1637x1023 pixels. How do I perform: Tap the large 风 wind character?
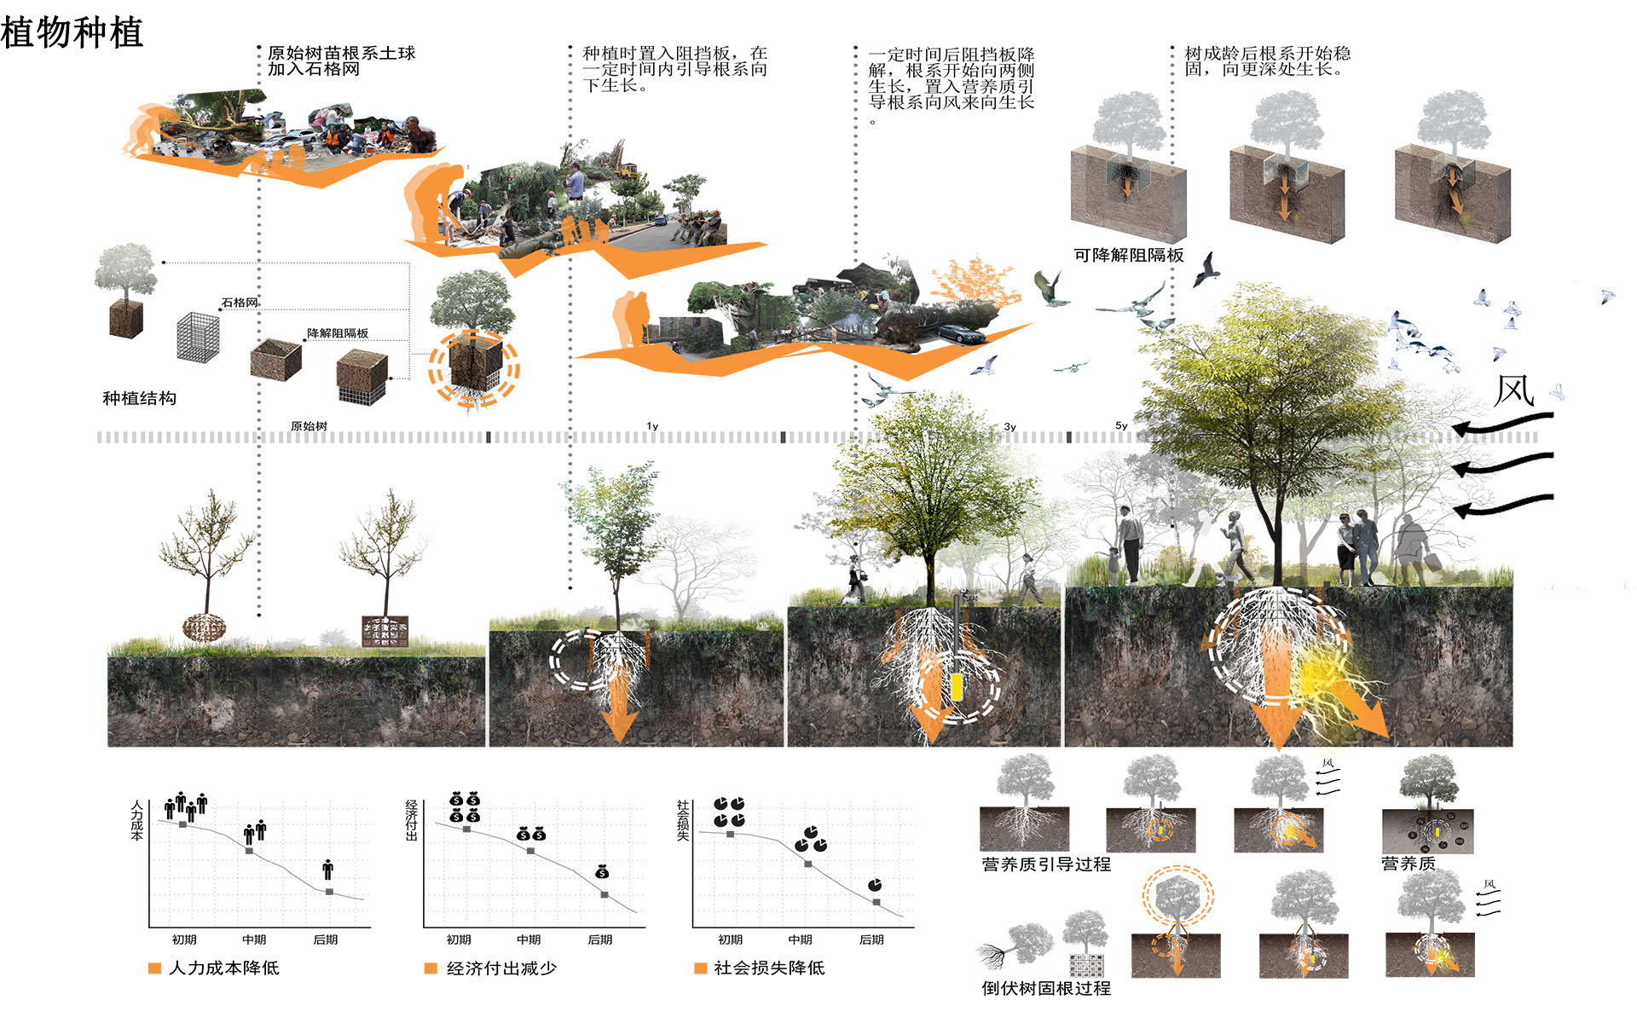point(1514,391)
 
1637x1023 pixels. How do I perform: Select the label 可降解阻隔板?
point(1128,255)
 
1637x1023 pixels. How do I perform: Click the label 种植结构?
point(139,398)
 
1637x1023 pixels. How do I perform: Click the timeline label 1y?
point(652,426)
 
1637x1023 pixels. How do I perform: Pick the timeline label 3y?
point(1009,426)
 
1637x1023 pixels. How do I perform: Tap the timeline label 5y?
point(1121,425)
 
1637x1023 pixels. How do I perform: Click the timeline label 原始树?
point(309,426)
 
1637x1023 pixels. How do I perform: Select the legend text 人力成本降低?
point(223,968)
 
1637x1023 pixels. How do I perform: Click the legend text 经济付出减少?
point(501,968)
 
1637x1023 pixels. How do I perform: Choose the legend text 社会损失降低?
point(769,968)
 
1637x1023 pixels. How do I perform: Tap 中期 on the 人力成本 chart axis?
point(254,939)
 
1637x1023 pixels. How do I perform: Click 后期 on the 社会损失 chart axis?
point(871,939)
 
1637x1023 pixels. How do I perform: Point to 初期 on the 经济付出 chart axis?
point(459,939)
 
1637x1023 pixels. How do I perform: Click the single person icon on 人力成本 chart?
point(328,870)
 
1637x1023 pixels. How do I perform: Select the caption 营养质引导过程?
point(1046,864)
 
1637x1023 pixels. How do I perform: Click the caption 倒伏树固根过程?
point(1046,988)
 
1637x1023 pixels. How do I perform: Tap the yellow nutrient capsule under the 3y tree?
point(957,687)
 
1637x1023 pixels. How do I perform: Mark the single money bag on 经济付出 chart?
point(602,871)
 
